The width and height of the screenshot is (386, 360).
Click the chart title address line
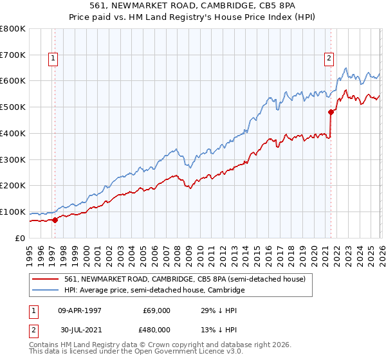point(192,6)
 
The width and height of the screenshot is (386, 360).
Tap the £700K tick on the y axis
point(13,55)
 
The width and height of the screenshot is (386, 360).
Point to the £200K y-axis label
point(13,185)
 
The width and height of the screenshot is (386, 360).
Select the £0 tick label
point(21,238)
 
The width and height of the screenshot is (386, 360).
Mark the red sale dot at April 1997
point(55,220)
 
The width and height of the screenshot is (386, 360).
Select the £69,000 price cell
point(156,310)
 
